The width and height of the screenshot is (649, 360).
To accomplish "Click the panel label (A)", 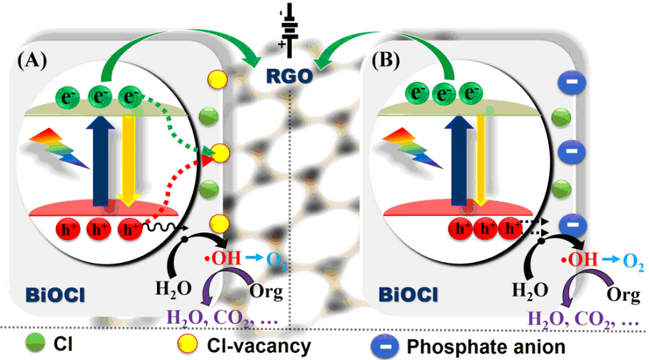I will click(33, 60).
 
